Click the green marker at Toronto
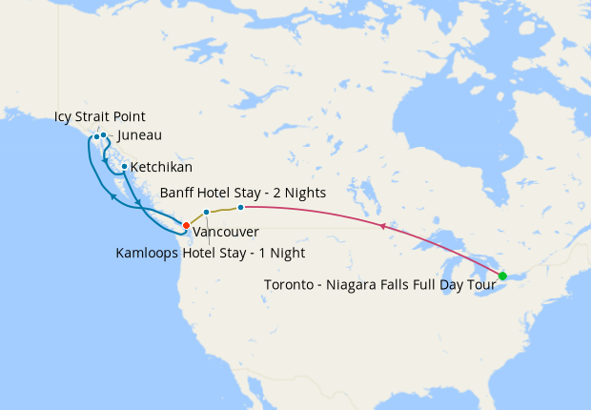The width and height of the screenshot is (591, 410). [502, 277]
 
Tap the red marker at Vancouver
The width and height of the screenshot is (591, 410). [186, 225]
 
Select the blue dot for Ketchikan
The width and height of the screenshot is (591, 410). [124, 166]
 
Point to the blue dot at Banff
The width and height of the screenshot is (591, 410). [241, 207]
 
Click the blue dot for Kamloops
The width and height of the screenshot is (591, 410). [206, 212]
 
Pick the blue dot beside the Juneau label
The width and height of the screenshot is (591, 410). [103, 135]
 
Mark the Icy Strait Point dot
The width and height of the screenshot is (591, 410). [96, 136]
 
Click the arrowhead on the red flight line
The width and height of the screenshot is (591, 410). [381, 226]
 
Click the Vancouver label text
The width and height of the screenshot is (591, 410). [225, 232]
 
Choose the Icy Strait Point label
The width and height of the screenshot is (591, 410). [99, 117]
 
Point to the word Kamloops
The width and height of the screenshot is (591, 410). [148, 253]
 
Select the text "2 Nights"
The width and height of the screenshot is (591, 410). [299, 192]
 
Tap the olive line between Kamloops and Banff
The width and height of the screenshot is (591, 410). [223, 209]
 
